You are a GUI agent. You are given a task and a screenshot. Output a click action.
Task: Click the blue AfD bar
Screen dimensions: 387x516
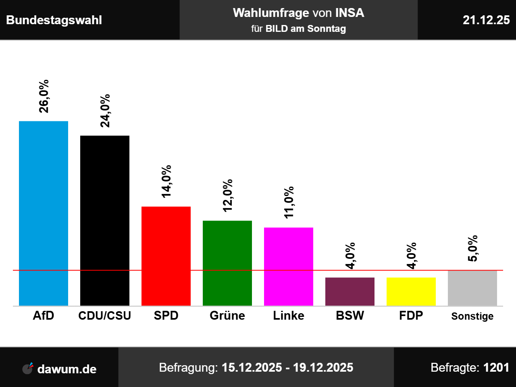(44, 213)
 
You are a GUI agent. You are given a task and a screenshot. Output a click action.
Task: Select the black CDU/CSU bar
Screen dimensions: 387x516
(105, 221)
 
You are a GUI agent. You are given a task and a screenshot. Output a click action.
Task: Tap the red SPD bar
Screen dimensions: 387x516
(166, 256)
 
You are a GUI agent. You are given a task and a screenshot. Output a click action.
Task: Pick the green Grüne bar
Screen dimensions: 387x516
(227, 263)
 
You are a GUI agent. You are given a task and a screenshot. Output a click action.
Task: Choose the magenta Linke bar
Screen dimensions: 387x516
(289, 266)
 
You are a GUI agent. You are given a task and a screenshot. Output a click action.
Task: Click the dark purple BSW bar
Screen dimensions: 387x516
(350, 291)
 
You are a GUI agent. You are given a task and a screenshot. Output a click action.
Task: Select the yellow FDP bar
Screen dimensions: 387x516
(411, 291)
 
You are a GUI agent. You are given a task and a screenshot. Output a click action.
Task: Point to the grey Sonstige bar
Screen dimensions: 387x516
(472, 288)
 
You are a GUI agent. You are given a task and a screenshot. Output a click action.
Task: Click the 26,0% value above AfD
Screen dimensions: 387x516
(44, 96)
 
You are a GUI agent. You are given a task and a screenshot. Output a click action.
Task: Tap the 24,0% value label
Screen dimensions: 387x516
(105, 111)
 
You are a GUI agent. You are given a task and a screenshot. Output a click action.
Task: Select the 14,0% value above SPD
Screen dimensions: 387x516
(166, 181)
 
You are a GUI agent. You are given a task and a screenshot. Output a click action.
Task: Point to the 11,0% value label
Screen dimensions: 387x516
(289, 202)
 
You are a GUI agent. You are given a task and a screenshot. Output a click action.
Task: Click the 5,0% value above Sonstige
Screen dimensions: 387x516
(472, 248)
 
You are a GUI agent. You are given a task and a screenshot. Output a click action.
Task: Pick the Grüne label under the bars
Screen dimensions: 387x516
(227, 316)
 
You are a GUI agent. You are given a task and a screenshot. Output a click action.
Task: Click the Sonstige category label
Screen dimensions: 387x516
(472, 316)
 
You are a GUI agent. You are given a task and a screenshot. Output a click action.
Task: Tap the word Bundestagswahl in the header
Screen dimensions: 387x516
(54, 20)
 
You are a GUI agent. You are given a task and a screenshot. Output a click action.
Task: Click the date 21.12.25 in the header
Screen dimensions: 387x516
(486, 20)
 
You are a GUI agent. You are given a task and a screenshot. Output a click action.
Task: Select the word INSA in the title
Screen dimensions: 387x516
(350, 13)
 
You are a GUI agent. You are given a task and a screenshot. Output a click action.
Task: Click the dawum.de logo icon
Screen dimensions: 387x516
(28, 368)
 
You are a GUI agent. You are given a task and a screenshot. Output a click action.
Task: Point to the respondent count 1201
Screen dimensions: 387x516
(496, 368)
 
